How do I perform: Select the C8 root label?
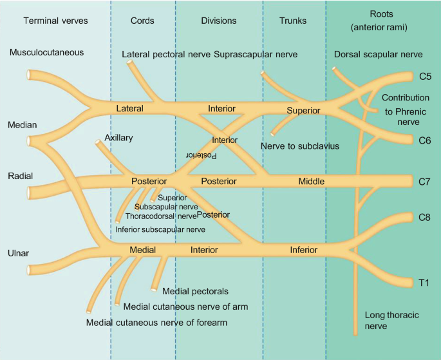point(425,217)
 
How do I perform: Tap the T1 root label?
point(424,283)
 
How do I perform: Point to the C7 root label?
point(425,182)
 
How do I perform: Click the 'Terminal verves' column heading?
point(55,21)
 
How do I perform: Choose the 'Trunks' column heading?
point(293,21)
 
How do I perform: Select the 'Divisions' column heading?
point(218,21)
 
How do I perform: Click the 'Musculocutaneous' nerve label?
point(46,52)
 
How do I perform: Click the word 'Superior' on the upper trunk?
point(303,110)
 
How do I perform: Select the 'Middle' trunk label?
point(311,182)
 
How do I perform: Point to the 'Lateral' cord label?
point(129,109)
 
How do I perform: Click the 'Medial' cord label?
point(142,249)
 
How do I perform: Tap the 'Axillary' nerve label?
point(118,138)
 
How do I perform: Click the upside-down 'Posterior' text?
point(202,155)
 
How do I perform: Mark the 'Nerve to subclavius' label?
point(300,146)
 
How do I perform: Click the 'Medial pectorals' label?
point(196,292)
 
